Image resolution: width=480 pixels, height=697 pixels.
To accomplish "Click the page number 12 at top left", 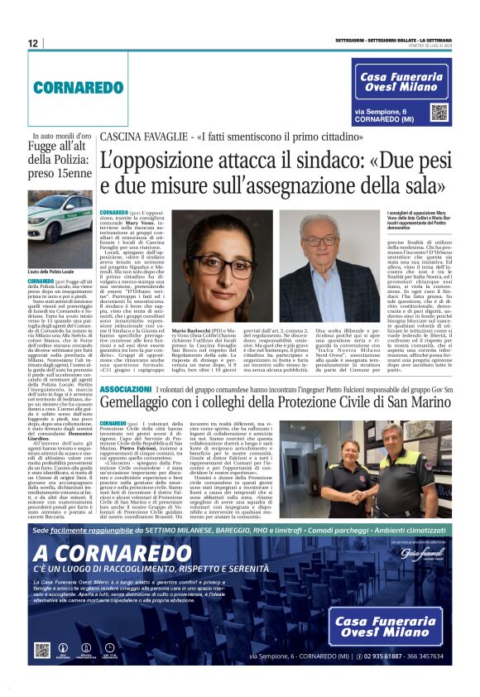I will coord(33,43).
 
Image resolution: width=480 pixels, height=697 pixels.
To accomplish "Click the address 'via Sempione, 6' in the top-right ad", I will coord(382,110).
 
